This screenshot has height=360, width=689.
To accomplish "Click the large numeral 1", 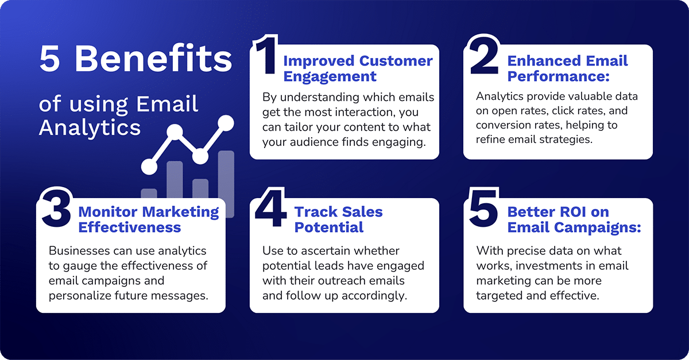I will pos(265,56).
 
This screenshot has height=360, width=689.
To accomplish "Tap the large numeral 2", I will pos(483,56).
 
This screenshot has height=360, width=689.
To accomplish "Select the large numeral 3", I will pos(56,210).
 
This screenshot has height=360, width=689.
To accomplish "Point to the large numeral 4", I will pos(270,210).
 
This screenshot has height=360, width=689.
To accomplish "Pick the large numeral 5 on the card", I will pos(482,210).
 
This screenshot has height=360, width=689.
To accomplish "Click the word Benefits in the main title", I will pos(154,59).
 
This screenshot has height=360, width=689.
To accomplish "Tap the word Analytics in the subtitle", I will pos(90,127).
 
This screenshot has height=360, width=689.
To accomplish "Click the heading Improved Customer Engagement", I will pos(357,68).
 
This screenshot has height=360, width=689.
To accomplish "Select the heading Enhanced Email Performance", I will pos(567,68).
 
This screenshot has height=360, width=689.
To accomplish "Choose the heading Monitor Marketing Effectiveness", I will pos(148,219).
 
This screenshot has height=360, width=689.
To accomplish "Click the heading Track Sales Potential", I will pos(338,219).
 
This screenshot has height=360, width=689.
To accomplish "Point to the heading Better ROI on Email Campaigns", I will pos(573,219).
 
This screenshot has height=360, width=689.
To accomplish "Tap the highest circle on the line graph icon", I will pos(226,122).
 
